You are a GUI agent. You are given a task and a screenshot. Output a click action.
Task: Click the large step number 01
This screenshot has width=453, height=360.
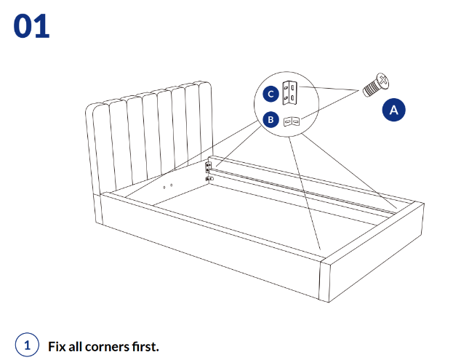click(x=31, y=26)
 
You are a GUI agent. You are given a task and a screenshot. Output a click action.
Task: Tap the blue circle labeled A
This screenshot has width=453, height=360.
click(x=393, y=109)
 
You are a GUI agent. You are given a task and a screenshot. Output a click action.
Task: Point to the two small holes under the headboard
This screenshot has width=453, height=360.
click(x=168, y=185)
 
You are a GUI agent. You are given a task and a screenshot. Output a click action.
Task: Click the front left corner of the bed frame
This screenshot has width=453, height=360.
click(x=103, y=211)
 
